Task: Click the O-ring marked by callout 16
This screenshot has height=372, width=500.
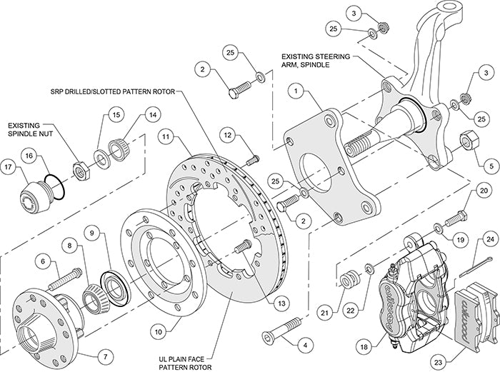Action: click(51, 184)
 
